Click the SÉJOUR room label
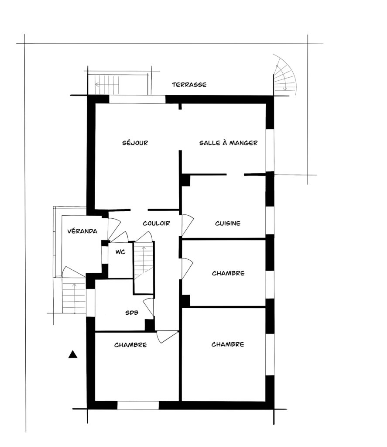135,143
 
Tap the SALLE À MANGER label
228,143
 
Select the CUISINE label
228,223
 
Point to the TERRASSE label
189,85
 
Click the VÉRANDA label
82,231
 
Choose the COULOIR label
156,223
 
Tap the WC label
120,252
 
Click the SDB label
132,313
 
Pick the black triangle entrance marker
73,354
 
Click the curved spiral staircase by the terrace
285,76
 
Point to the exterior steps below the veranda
74,296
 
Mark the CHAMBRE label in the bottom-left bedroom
130,345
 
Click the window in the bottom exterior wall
138,405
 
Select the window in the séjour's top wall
137,99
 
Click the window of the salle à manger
270,150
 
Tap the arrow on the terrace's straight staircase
106,85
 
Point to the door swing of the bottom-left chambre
167,337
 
